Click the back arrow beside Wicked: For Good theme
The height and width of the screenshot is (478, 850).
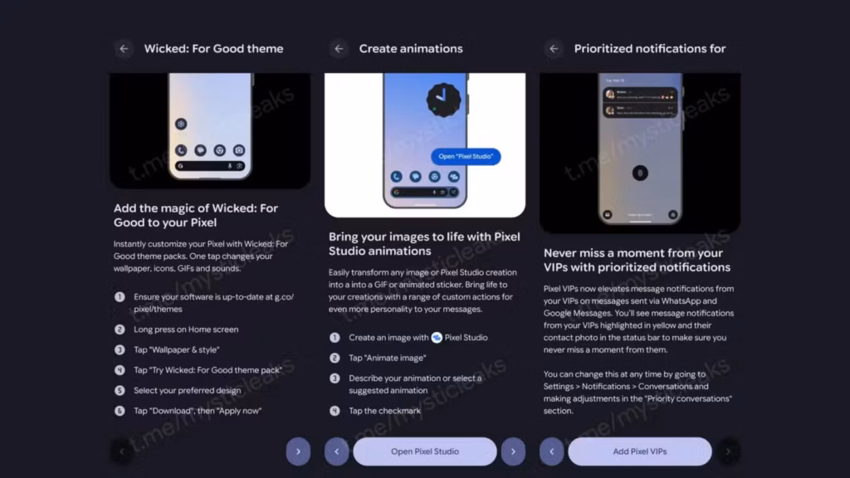point(124,49)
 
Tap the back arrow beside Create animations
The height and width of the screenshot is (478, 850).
point(339,49)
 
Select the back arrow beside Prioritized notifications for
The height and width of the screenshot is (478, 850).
point(554,49)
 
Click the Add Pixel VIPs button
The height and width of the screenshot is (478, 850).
point(639,451)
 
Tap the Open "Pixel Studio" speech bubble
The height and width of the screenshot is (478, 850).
point(466,156)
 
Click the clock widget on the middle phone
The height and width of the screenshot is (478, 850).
point(443,100)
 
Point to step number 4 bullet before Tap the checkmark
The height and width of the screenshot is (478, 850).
point(335,410)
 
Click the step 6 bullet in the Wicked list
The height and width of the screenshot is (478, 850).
point(120,410)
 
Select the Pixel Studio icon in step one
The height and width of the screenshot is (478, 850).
point(437,338)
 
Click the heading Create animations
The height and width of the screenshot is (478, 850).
point(411,49)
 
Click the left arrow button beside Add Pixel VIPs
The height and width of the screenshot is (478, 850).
point(552,451)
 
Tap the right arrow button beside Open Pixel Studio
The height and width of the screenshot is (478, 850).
point(513,451)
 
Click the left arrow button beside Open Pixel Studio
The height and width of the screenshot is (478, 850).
point(337,451)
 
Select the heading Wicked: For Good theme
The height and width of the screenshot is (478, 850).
point(213,49)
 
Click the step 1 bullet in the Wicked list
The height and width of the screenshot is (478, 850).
point(120,296)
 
